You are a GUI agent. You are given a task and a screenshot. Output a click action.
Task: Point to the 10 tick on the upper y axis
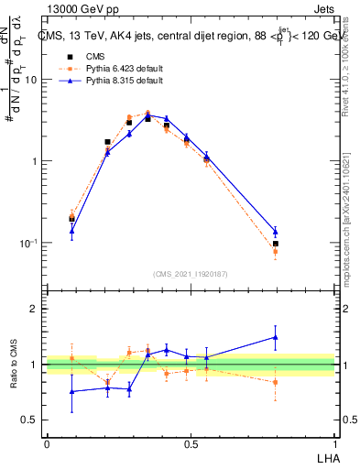pos(30,80)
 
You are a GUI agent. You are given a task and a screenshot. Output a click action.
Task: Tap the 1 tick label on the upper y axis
pos(34,161)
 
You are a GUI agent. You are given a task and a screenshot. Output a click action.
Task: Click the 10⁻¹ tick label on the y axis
pos(28,243)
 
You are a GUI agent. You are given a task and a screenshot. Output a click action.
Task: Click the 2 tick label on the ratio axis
pos(34,309)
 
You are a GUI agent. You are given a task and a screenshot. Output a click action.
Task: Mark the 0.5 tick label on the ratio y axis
pos(30,420)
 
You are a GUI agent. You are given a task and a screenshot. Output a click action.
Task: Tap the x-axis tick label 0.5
pos(191,442)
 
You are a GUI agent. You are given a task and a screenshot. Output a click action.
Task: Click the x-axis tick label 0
pos(47,442)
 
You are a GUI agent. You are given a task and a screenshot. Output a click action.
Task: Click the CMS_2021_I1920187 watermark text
pos(191,274)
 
